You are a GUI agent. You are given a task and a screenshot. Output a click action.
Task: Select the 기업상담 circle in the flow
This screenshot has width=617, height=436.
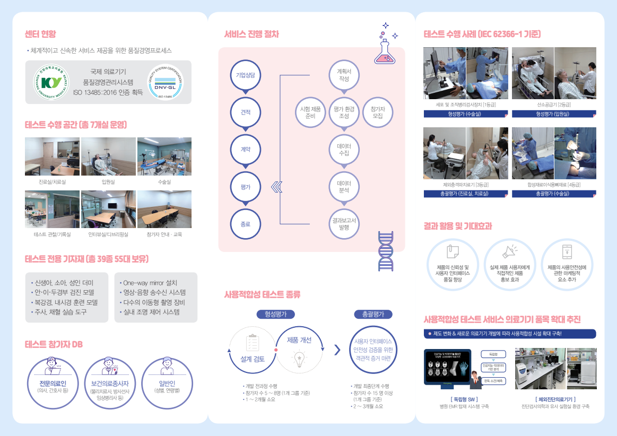(x=245, y=75)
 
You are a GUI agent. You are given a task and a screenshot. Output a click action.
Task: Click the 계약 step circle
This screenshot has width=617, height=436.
(x=245, y=150)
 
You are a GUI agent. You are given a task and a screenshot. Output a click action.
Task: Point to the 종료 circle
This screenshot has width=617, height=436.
(x=245, y=224)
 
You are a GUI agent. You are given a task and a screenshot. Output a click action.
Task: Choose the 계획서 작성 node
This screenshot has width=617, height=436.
(x=344, y=75)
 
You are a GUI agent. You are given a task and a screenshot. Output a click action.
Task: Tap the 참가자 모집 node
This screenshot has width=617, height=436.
(x=378, y=112)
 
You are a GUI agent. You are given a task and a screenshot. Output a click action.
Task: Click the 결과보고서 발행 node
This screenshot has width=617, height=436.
(x=344, y=224)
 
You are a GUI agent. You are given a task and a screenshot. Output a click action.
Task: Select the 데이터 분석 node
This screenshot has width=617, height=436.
(x=344, y=187)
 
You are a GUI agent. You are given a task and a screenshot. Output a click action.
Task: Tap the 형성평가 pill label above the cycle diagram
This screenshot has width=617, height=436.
(x=275, y=314)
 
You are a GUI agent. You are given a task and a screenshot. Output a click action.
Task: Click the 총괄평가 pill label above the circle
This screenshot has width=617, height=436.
(x=373, y=314)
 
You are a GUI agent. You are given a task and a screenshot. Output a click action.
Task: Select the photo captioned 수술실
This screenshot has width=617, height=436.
(x=164, y=156)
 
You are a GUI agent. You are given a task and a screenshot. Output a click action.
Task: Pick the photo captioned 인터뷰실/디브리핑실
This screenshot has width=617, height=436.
(x=108, y=209)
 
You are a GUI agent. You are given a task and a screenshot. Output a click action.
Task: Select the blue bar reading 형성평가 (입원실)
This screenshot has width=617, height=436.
(x=553, y=114)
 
